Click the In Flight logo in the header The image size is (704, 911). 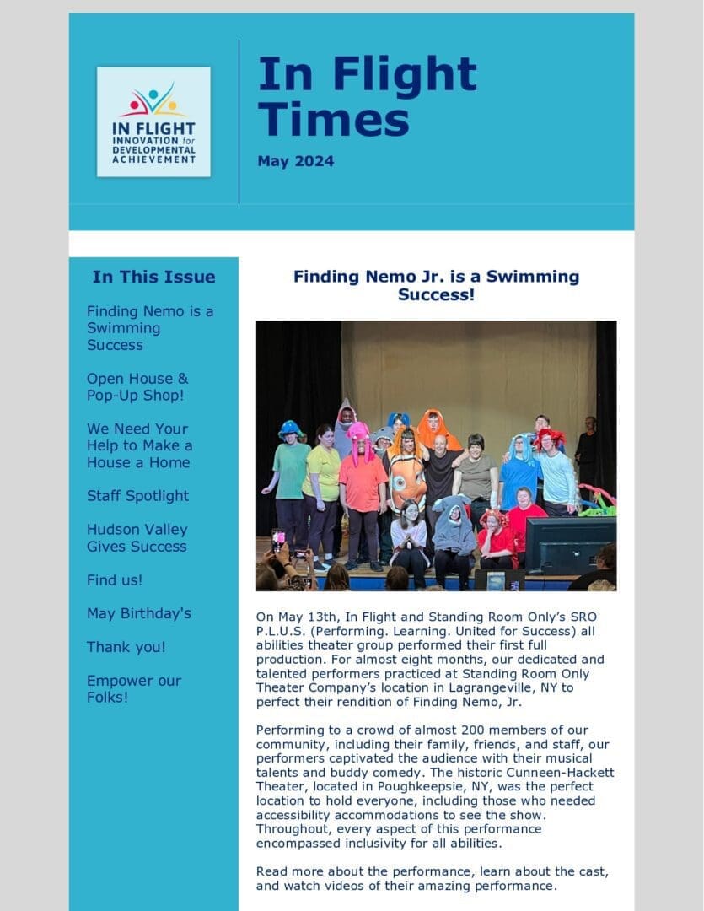click(153, 121)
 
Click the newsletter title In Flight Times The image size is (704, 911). click(367, 96)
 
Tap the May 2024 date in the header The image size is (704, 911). click(295, 161)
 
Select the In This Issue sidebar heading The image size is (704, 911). click(153, 277)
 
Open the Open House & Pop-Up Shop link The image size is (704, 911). click(137, 386)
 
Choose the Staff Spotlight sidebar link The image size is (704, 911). click(137, 495)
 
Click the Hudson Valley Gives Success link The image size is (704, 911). click(137, 537)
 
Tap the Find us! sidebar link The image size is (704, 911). click(115, 579)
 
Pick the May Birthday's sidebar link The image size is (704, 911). click(138, 613)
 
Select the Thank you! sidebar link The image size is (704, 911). click(126, 647)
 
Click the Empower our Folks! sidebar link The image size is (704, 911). click(133, 688)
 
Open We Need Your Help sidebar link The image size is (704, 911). click(139, 445)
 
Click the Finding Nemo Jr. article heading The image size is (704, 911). click(436, 285)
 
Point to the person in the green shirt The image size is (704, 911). click(290, 472)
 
